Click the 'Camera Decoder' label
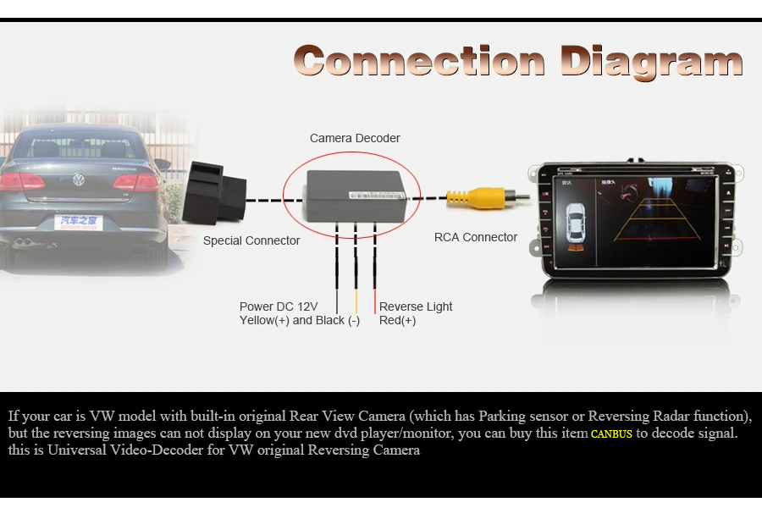[355, 138]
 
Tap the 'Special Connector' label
[251, 240]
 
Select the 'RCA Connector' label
[475, 237]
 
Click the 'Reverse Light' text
[416, 306]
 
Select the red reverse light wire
[375, 279]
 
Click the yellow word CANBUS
[611, 434]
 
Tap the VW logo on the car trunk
[79, 179]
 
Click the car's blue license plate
[79, 222]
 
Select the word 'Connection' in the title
[419, 61]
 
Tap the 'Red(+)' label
[397, 320]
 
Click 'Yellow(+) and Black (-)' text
[300, 320]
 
